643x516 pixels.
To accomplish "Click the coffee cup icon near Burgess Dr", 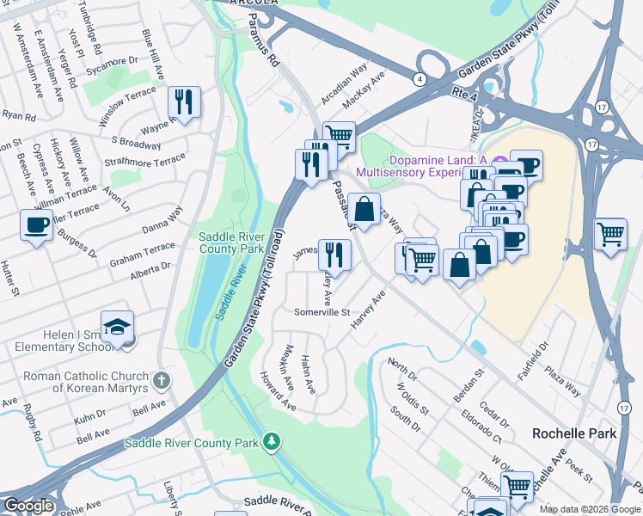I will point(35,225).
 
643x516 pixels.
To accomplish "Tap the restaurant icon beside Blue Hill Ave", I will point(184,102).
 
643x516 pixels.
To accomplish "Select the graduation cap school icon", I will point(116,327).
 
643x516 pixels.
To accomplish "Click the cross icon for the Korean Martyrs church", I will point(161,379).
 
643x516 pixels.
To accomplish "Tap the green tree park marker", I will point(272,442).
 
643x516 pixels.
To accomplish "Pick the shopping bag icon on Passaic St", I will point(364,209).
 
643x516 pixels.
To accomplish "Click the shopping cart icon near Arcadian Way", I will point(339,136).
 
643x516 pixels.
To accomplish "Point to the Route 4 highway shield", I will point(419,79).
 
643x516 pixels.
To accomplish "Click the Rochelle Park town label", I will point(574,433).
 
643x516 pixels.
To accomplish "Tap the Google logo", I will point(28,507).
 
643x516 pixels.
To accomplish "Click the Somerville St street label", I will point(321,312).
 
